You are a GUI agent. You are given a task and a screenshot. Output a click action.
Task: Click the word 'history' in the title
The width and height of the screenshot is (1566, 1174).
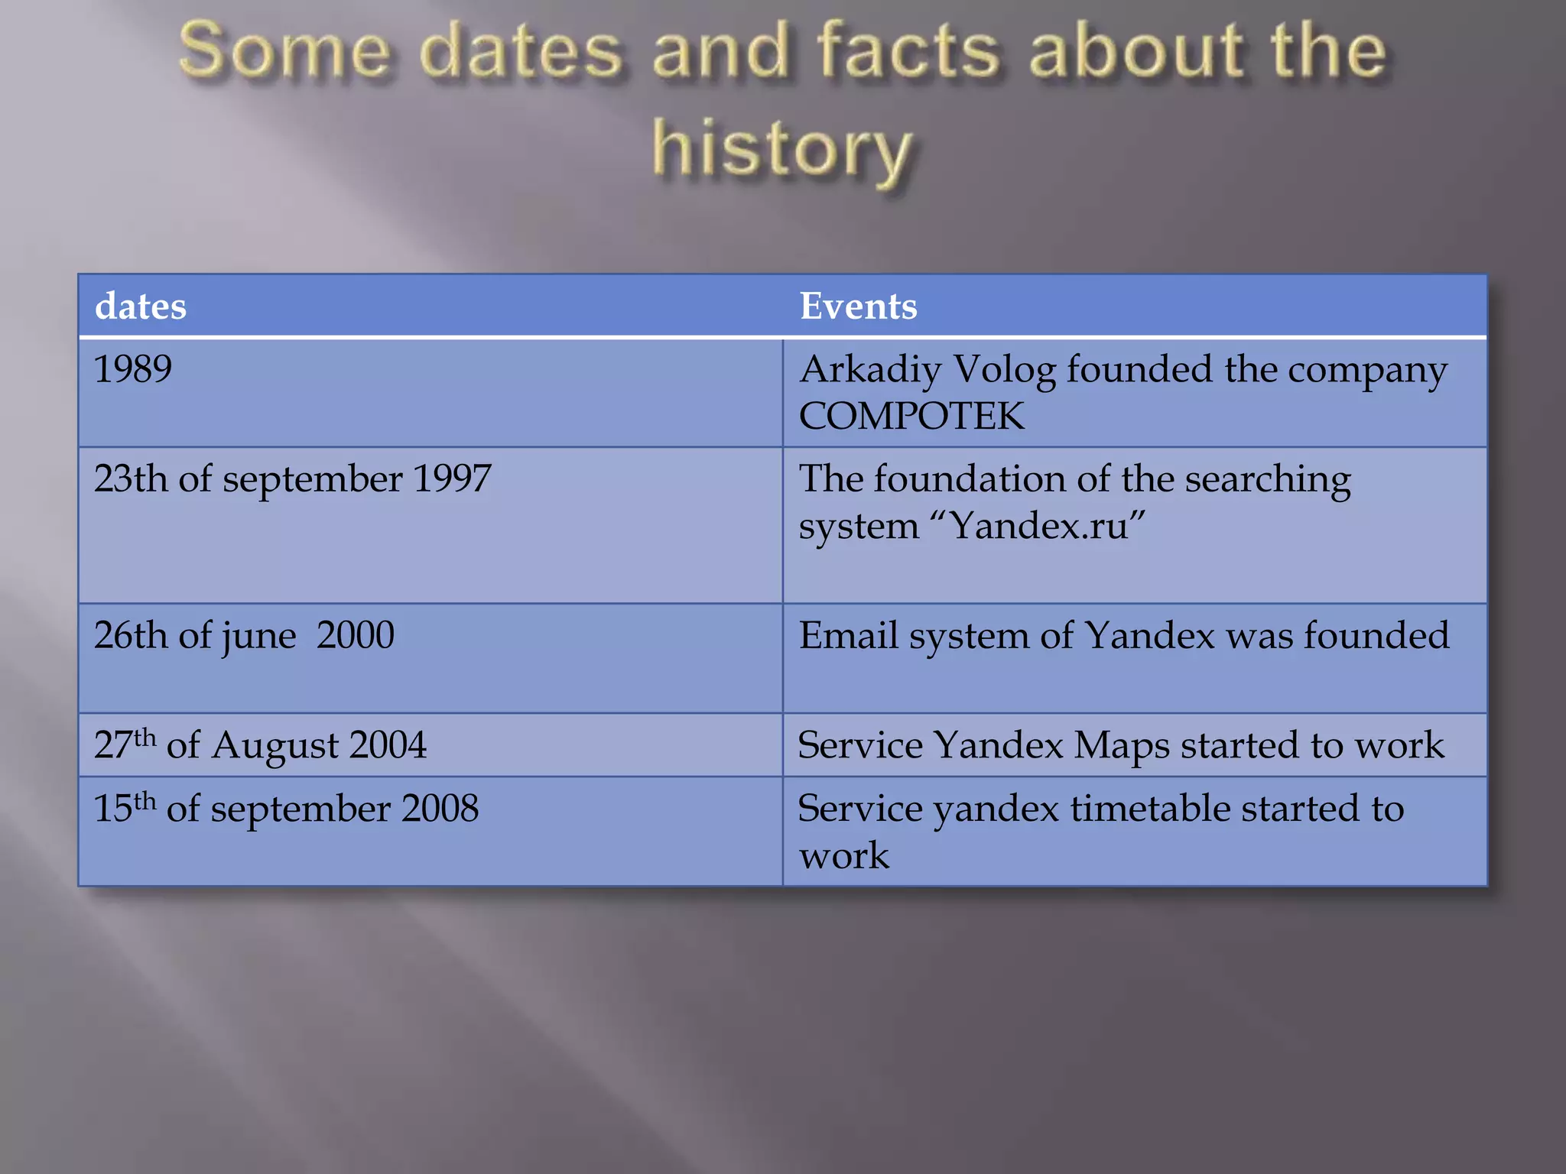coord(781,149)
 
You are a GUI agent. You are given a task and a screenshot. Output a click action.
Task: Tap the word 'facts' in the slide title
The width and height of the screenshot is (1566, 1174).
coord(909,51)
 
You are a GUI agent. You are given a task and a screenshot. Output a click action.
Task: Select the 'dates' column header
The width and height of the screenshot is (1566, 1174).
coord(141,306)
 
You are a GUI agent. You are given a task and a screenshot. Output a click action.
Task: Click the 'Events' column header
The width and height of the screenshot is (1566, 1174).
coord(858,306)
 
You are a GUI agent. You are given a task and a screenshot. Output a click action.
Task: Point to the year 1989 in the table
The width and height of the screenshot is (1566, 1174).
coord(132,369)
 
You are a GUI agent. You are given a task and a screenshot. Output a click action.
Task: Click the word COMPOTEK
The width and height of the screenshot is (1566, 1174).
coord(911,417)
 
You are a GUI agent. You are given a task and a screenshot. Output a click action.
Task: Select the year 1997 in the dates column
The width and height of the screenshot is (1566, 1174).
coord(452,479)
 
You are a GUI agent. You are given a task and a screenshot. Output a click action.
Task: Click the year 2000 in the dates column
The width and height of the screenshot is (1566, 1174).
coord(356,635)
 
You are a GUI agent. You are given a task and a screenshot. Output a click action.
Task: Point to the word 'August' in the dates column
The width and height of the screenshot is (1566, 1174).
coord(275,746)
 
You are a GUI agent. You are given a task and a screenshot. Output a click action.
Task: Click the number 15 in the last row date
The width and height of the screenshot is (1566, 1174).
coord(112,809)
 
